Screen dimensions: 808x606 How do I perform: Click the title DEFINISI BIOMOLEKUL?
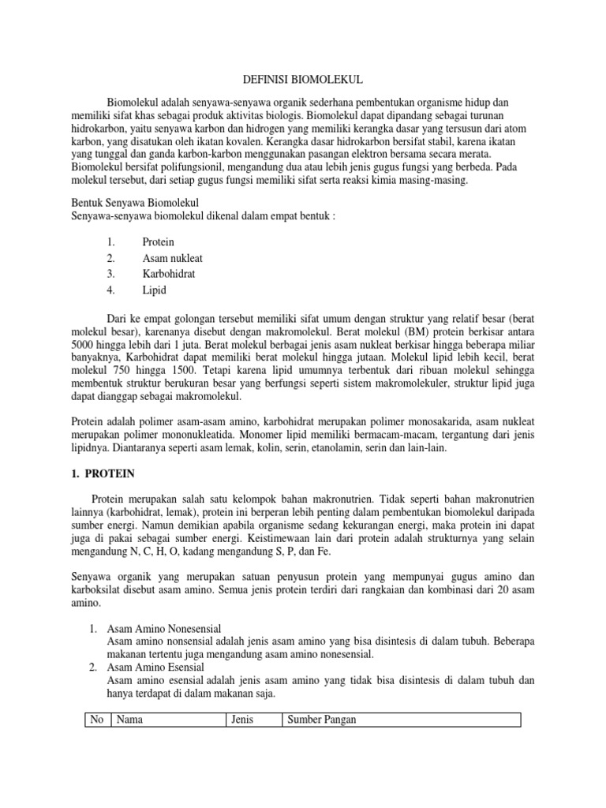302,80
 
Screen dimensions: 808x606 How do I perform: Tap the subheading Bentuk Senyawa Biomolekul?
137,202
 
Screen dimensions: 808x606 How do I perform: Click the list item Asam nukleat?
173,257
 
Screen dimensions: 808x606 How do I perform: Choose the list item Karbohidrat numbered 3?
169,273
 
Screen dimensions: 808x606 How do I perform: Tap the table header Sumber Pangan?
322,720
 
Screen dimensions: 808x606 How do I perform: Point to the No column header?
98,720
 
